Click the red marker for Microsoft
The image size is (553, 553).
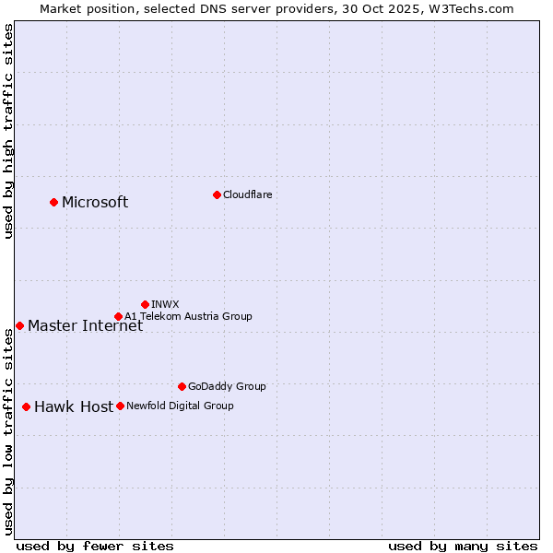pyautogui.click(x=53, y=202)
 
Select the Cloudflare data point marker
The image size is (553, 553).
pyautogui.click(x=217, y=194)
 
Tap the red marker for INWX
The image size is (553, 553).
pyautogui.click(x=145, y=304)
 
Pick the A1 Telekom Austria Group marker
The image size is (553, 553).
pyautogui.click(x=118, y=316)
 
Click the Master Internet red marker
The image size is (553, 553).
pyautogui.click(x=19, y=325)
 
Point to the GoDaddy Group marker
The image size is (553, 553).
pyautogui.click(x=182, y=386)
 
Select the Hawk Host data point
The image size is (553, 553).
pyautogui.click(x=26, y=406)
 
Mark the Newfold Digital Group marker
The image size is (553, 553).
pyautogui.click(x=120, y=406)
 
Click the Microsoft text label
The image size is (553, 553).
pyautogui.click(x=95, y=203)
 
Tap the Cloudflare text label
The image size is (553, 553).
pyautogui.click(x=248, y=194)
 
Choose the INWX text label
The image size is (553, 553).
pyautogui.click(x=165, y=304)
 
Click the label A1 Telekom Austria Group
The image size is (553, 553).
pyautogui.click(x=188, y=316)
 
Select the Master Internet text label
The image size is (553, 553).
pyautogui.click(x=85, y=325)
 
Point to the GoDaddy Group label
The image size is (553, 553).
pyautogui.click(x=227, y=386)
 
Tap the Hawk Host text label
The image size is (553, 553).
pyautogui.click(x=74, y=406)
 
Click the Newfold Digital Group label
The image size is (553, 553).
pyautogui.click(x=180, y=406)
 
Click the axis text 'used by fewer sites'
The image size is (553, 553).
pyautogui.click(x=95, y=546)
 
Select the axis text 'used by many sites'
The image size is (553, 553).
pyautogui.click(x=463, y=546)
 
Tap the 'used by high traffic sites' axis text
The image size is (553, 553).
pyautogui.click(x=8, y=131)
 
